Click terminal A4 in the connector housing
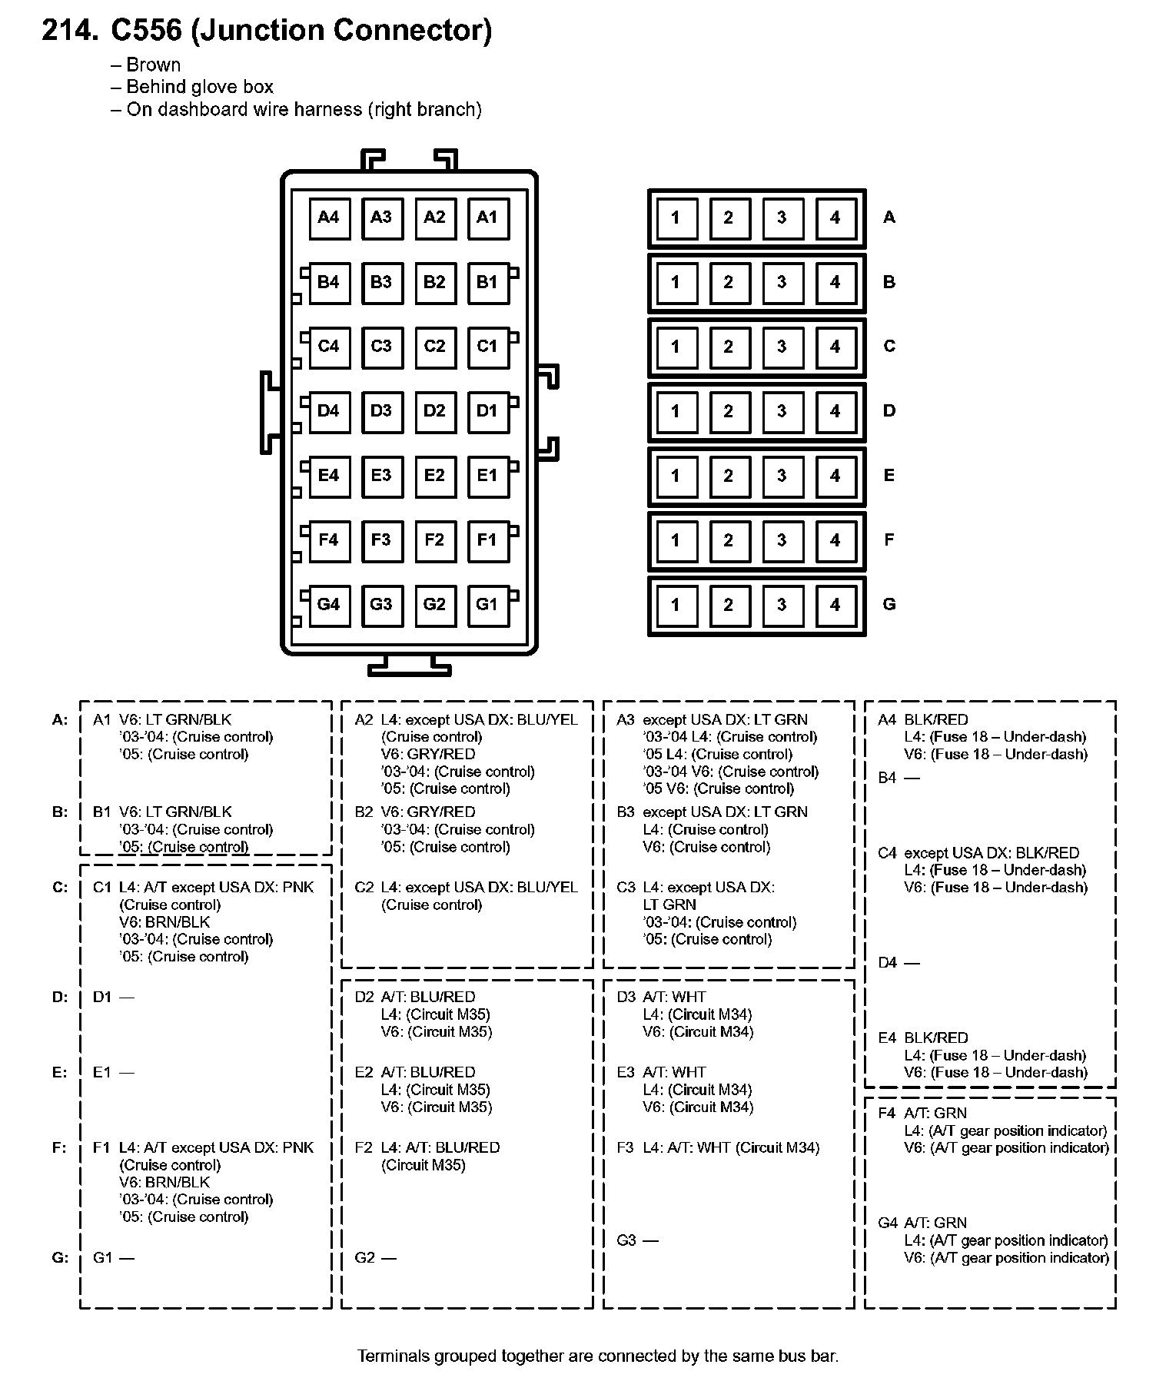click(x=328, y=217)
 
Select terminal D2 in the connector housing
click(x=434, y=411)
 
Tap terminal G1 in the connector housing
click(x=487, y=605)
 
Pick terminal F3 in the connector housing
click(x=381, y=540)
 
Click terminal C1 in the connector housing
click(x=487, y=347)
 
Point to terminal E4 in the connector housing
click(x=328, y=476)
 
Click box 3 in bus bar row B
click(x=782, y=282)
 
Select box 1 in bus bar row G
click(x=675, y=605)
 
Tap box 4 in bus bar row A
click(x=835, y=217)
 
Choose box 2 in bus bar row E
click(x=728, y=476)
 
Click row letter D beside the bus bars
click(x=889, y=411)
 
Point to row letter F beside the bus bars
click(x=889, y=540)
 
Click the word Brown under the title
click(x=154, y=65)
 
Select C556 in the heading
click(x=147, y=30)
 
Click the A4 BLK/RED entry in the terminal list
click(x=923, y=720)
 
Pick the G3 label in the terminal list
click(x=626, y=1240)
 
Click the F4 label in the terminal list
click(x=887, y=1113)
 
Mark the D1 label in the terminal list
click(x=102, y=998)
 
